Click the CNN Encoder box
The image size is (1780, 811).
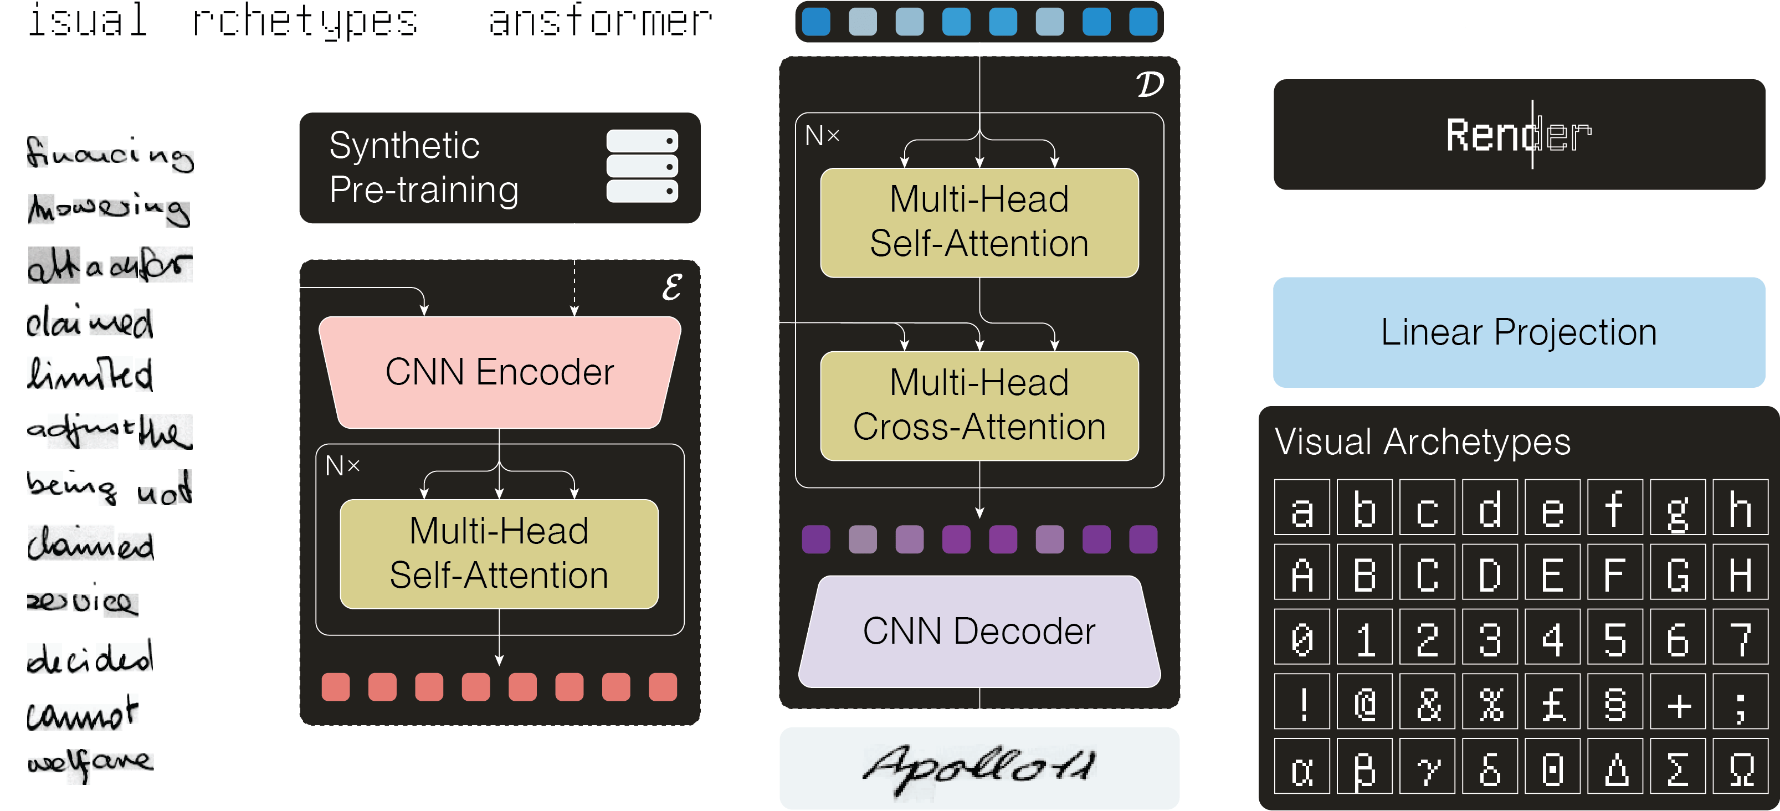click(499, 372)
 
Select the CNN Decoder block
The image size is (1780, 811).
click(979, 632)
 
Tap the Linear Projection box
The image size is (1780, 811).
click(1519, 332)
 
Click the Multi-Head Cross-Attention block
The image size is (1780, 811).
click(979, 405)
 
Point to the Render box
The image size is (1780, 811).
click(1519, 135)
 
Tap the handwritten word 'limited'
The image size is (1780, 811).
click(90, 375)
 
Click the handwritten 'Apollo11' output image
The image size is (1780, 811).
click(979, 767)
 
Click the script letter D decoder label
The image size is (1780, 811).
click(1149, 85)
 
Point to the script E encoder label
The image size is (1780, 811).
click(671, 288)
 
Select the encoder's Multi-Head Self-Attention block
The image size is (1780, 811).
click(499, 553)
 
